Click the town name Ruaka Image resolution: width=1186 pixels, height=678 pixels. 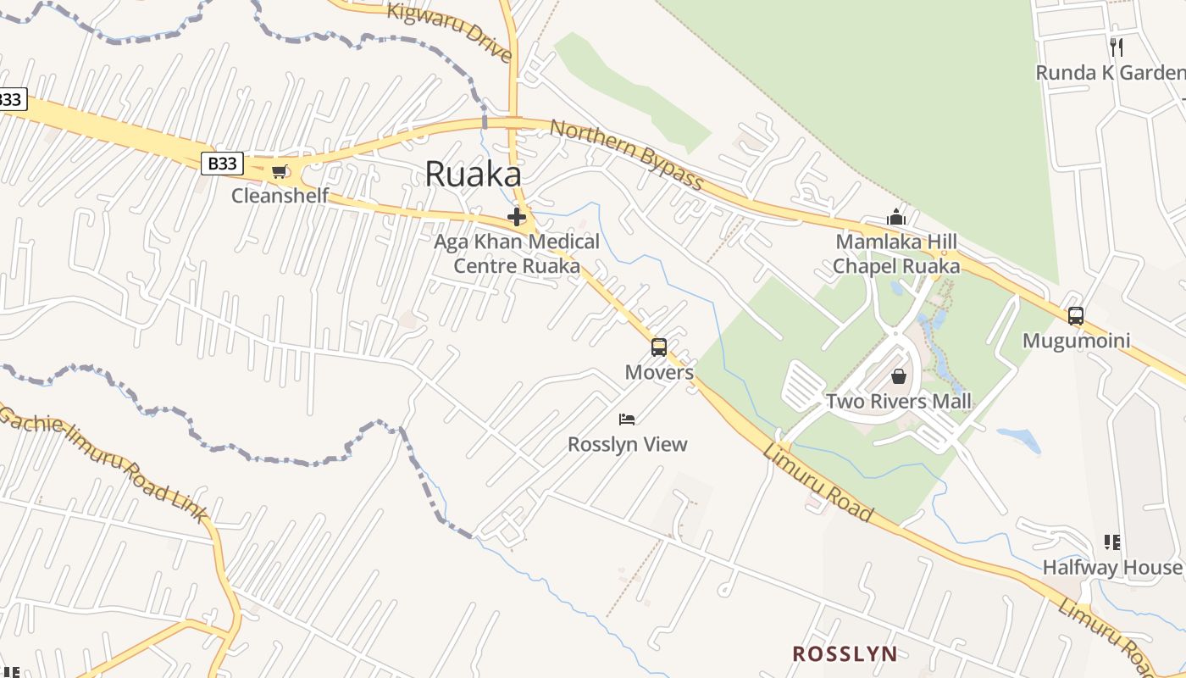[x=473, y=174]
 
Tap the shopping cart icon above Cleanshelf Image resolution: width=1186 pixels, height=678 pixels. [x=279, y=171]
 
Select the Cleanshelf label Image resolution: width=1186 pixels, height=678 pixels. [x=280, y=197]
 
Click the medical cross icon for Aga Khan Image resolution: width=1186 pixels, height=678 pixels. [x=517, y=217]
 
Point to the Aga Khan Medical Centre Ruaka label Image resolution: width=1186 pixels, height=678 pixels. [x=517, y=253]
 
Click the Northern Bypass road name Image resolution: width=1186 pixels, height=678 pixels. [x=627, y=155]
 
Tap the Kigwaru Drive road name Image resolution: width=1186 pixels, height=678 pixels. [x=450, y=31]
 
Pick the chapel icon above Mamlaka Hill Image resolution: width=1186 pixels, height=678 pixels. [x=896, y=218]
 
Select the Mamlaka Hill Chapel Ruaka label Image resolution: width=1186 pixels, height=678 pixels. [x=896, y=253]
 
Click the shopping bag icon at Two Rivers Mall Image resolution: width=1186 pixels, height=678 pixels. [x=899, y=375]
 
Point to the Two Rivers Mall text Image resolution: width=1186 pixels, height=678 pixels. [x=899, y=401]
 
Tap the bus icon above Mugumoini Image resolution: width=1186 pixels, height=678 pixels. [x=1076, y=316]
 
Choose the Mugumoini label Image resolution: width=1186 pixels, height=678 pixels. [x=1076, y=341]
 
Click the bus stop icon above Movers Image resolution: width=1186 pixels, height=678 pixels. [x=659, y=347]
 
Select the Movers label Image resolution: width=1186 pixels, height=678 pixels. [x=659, y=372]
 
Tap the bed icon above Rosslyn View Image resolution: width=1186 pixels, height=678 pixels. [x=627, y=419]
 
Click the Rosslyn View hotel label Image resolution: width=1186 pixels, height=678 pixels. [x=627, y=444]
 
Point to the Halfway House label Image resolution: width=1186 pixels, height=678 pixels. [x=1111, y=567]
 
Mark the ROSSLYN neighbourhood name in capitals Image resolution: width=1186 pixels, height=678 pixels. [x=845, y=653]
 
